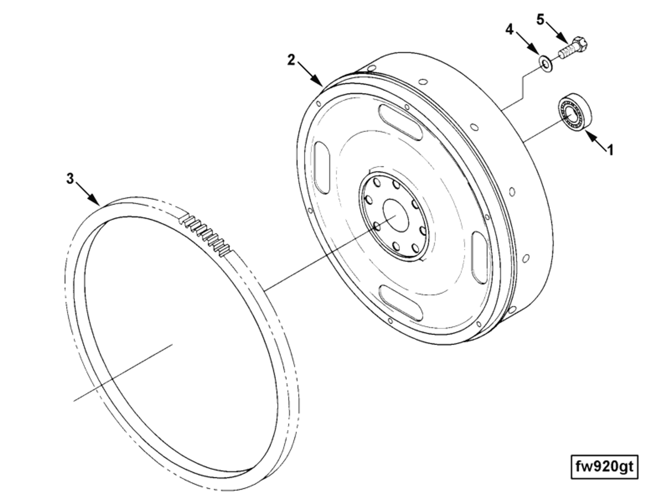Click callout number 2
click(292, 60)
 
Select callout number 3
click(70, 178)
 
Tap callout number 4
click(510, 29)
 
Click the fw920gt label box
click(604, 466)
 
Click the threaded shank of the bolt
click(566, 52)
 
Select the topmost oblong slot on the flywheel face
click(400, 122)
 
